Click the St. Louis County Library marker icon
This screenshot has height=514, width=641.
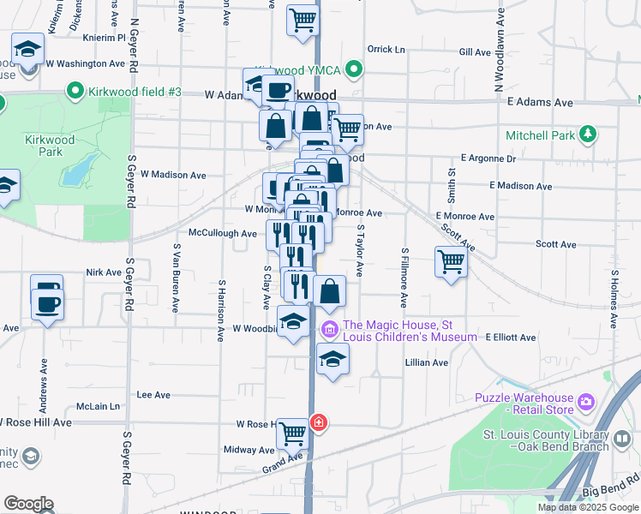622,440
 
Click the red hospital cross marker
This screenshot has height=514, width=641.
319,423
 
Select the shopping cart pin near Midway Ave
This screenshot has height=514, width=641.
293,434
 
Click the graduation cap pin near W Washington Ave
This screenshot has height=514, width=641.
27,49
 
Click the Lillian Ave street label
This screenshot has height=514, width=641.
427,363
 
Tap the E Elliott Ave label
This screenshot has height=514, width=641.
510,338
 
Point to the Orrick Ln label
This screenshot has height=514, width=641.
386,50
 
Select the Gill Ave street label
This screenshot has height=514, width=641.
474,52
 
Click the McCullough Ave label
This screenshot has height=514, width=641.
223,233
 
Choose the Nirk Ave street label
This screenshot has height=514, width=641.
104,272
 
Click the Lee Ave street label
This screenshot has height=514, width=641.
154,395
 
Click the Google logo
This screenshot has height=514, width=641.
28,504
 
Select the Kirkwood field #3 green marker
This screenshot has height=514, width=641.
75,90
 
